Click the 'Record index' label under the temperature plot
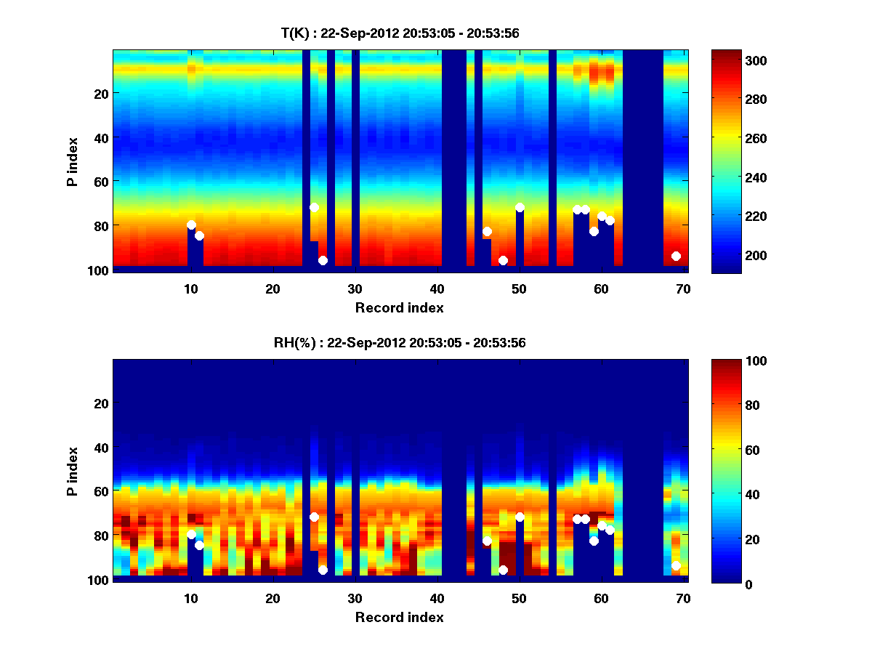point(399,307)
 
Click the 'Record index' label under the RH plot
point(399,617)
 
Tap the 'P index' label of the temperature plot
point(73,161)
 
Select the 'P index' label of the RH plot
point(73,470)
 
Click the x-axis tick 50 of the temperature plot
point(519,288)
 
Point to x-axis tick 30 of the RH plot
point(355,599)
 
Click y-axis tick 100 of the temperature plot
point(100,270)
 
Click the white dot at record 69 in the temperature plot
point(676,256)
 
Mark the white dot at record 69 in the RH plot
point(676,565)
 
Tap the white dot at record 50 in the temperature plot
point(520,207)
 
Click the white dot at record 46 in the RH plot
point(487,541)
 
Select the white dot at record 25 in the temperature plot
point(314,207)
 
